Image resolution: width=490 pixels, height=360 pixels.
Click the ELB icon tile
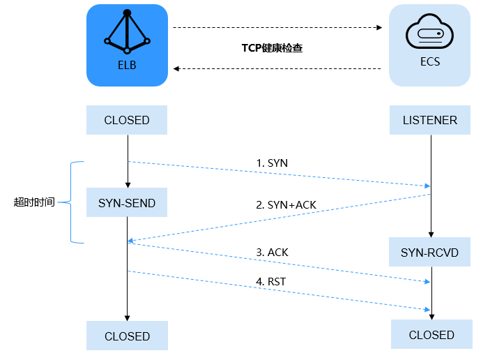click(x=127, y=45)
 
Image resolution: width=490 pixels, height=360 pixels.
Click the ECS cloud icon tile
click(x=429, y=45)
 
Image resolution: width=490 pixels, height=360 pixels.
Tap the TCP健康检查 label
click(x=272, y=49)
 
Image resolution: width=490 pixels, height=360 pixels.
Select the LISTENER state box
click(x=430, y=120)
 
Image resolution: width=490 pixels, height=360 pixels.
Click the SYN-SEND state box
click(x=127, y=203)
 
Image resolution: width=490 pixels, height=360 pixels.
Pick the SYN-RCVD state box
click(x=430, y=252)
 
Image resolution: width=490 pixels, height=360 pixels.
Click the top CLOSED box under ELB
click(x=127, y=120)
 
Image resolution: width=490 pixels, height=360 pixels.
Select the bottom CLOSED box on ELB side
click(x=127, y=336)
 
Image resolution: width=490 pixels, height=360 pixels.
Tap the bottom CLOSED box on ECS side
click(x=431, y=335)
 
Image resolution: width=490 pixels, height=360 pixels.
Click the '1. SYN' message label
click(x=272, y=163)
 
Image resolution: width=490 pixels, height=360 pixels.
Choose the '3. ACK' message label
click(x=273, y=252)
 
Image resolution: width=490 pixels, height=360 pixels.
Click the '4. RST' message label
click(x=271, y=281)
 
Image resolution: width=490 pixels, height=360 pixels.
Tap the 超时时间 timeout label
click(x=34, y=202)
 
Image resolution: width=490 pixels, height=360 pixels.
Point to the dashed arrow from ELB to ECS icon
click(x=277, y=28)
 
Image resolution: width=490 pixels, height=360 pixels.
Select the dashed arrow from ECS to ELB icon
click(x=277, y=68)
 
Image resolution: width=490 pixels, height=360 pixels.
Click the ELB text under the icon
click(x=127, y=66)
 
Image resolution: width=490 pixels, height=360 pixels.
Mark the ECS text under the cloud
click(x=429, y=61)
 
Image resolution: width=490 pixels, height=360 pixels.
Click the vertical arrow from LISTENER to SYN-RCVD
click(x=431, y=185)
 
